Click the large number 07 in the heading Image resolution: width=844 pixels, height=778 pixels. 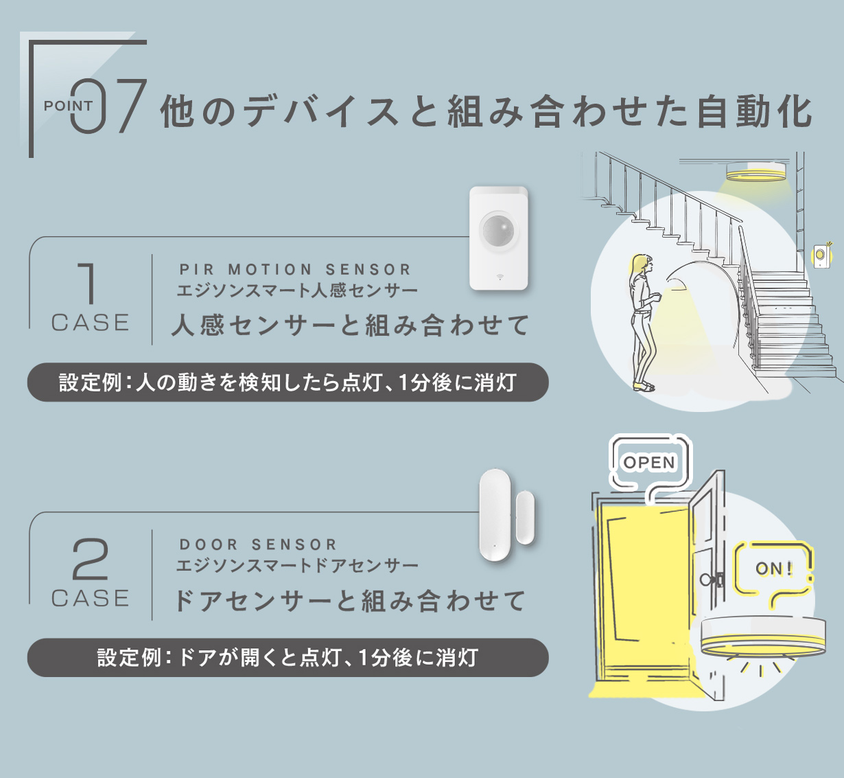[108, 106]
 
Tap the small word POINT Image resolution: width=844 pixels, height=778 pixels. [68, 106]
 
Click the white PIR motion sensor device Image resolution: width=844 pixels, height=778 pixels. [499, 238]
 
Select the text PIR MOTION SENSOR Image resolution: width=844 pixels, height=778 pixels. [295, 269]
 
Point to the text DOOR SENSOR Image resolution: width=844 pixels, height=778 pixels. [258, 545]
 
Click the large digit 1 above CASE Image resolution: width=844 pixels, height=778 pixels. [88, 284]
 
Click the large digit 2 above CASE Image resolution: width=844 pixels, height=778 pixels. [90, 560]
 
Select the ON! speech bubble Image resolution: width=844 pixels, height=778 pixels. [774, 569]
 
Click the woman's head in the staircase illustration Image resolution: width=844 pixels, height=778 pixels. [642, 264]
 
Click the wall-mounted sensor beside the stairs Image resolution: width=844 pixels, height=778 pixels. [821, 255]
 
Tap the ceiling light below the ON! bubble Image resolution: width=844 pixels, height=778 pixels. [762, 637]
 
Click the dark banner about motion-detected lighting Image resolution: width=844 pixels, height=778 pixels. [288, 382]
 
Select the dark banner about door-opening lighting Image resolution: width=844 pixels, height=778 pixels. [288, 658]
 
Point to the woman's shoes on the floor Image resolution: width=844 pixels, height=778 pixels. [644, 386]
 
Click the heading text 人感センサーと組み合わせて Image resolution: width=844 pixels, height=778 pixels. [350, 325]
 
